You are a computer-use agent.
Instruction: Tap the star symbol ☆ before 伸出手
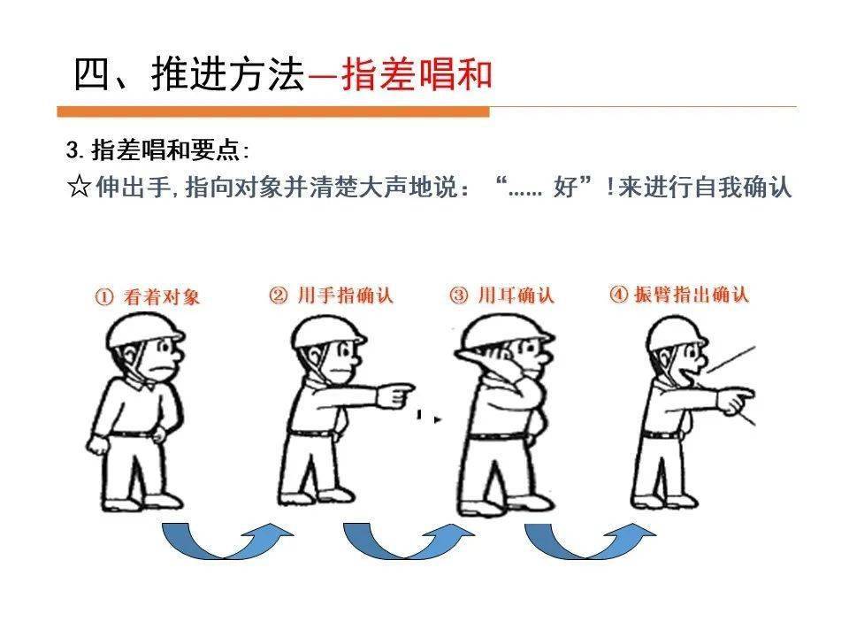(x=79, y=188)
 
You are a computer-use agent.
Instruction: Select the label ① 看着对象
(x=148, y=297)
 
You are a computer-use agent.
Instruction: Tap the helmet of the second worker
(x=327, y=330)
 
